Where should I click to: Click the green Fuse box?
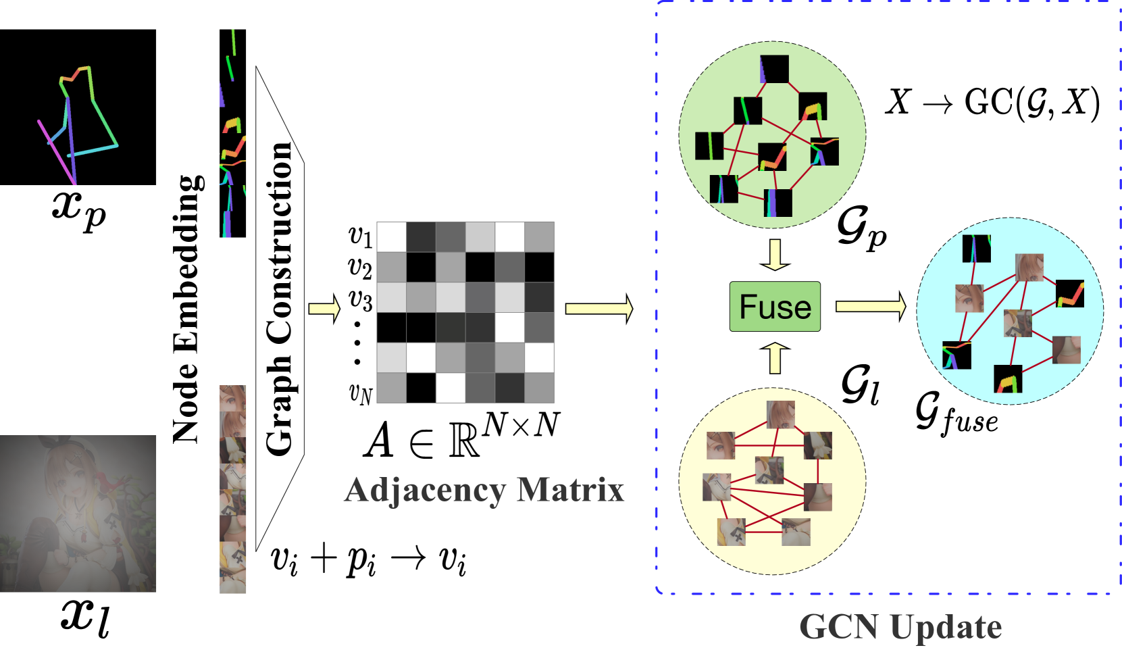click(775, 307)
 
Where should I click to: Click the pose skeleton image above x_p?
click(78, 107)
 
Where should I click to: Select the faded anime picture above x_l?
click(78, 514)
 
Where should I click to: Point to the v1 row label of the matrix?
click(360, 236)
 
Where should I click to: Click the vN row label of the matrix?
click(360, 392)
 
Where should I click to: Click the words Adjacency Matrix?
click(484, 490)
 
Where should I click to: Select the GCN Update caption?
click(900, 626)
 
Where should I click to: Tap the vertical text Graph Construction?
click(279, 297)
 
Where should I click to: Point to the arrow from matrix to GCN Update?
click(598, 309)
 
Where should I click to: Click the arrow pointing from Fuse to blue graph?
click(870, 307)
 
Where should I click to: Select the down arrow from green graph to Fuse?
click(775, 254)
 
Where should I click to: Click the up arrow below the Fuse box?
click(775, 357)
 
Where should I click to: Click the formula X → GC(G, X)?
click(992, 103)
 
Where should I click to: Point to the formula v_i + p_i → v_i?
click(368, 559)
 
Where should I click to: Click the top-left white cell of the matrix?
click(391, 236)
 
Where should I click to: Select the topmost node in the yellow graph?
click(780, 414)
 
